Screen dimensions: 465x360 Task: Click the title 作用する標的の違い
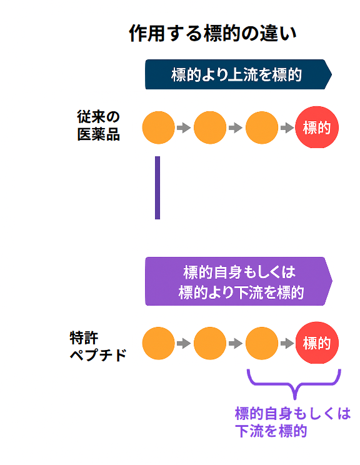point(212,33)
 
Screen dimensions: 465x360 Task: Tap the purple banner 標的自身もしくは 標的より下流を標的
point(238,281)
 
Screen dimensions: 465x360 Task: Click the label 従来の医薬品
point(98,126)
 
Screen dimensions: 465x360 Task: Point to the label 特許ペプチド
point(98,346)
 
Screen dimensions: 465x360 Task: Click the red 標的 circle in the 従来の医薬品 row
point(316,127)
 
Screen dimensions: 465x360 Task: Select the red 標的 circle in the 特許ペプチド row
point(316,342)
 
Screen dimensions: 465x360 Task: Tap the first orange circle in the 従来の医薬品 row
point(158,127)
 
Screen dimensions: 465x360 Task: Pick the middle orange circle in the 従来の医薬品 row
point(210,127)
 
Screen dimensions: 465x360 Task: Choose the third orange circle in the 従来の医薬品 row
point(262,127)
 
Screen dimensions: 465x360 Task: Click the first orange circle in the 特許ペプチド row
point(158,342)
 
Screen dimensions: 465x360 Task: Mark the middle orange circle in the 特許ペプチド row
point(210,342)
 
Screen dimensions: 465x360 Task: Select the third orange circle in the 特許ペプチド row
point(262,342)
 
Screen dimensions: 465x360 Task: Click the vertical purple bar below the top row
point(157,187)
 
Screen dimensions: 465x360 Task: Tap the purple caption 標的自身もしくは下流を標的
point(292,422)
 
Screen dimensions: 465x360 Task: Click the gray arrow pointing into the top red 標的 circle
point(287,127)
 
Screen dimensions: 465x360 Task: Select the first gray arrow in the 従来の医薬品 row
point(184,127)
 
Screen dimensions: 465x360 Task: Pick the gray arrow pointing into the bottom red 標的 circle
point(287,342)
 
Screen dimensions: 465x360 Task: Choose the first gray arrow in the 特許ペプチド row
point(184,342)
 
